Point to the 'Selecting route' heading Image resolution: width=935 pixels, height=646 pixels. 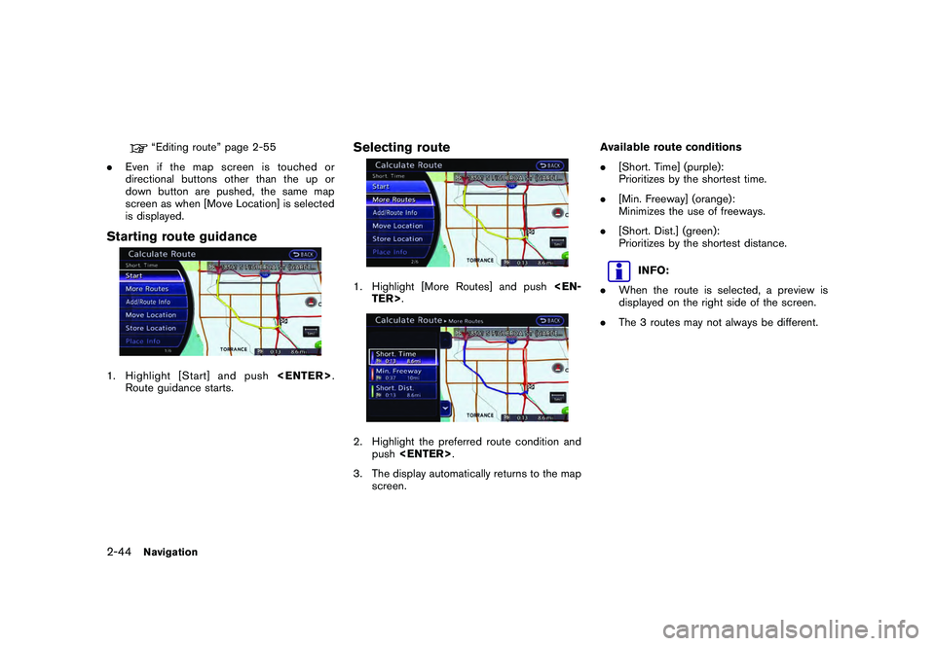pos(401,147)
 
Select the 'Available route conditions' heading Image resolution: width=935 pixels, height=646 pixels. pos(670,147)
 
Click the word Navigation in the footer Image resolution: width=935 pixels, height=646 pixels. pos(170,552)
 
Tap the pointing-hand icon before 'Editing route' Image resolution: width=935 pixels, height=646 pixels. pos(142,148)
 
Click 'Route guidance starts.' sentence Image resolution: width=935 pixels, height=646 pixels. pos(178,387)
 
